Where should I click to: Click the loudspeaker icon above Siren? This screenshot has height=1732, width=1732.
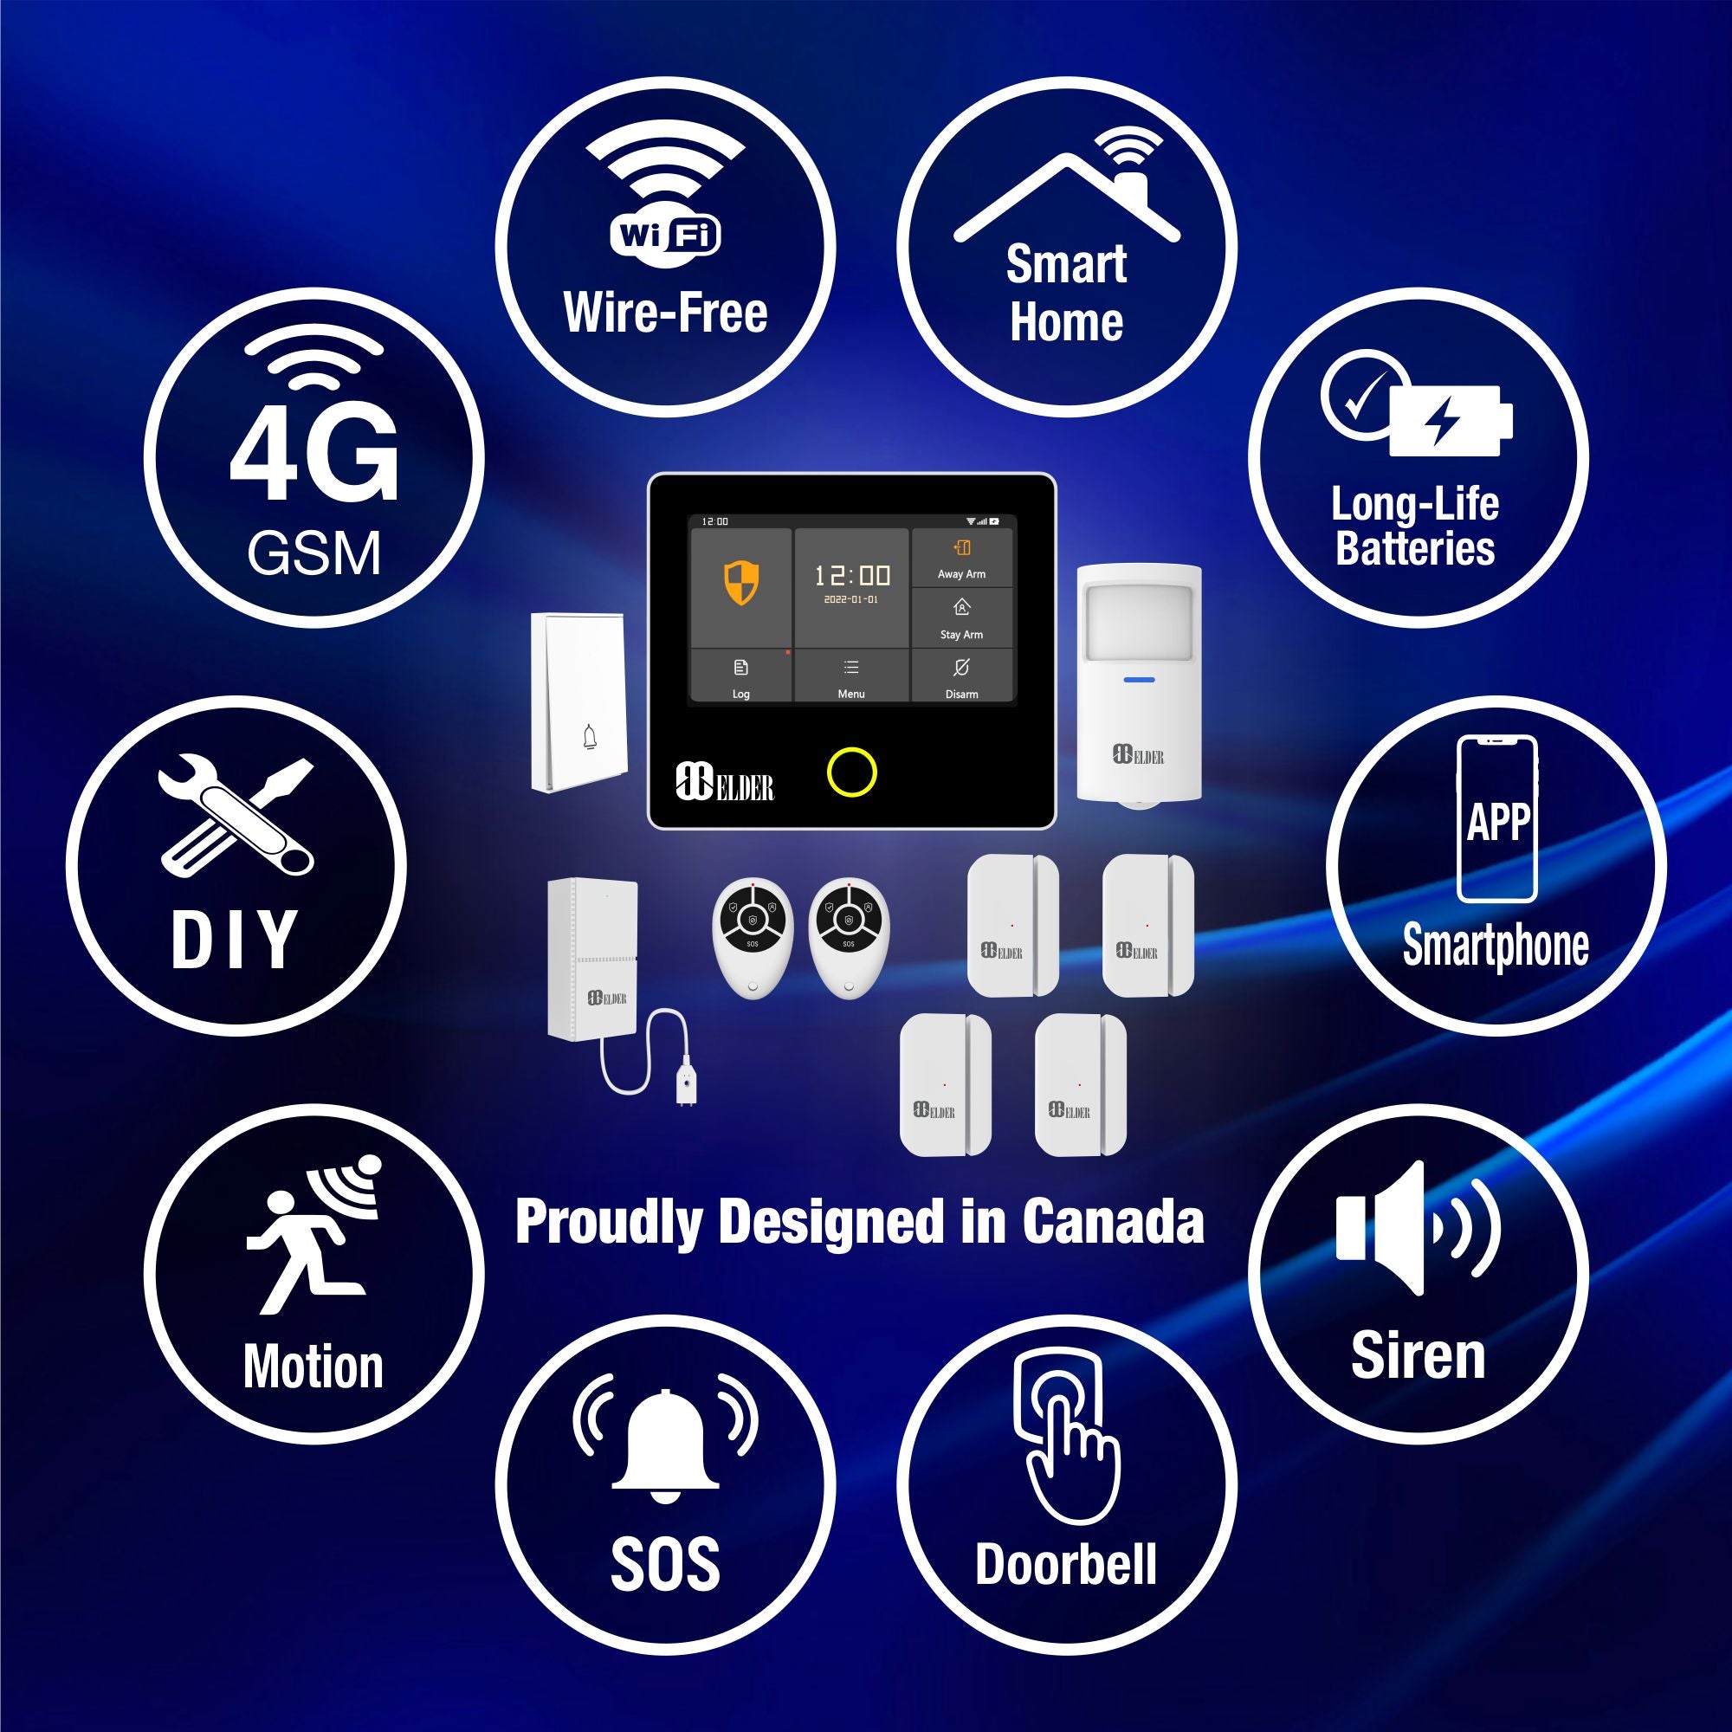point(1417,1228)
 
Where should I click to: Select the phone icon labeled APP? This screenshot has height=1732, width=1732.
point(1496,819)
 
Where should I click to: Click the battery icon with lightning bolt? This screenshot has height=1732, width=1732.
point(1450,421)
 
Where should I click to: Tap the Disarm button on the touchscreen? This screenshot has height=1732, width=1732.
point(962,677)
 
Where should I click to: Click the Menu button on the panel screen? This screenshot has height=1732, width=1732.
point(850,677)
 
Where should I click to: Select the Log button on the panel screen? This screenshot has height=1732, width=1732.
point(740,677)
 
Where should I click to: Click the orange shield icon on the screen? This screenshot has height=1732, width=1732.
point(740,584)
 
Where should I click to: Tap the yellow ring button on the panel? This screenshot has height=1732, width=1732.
point(850,772)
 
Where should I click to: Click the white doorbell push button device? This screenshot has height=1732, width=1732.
point(578,701)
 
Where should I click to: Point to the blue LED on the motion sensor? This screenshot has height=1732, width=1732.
point(1139,679)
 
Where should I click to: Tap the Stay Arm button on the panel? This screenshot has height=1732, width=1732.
point(962,617)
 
